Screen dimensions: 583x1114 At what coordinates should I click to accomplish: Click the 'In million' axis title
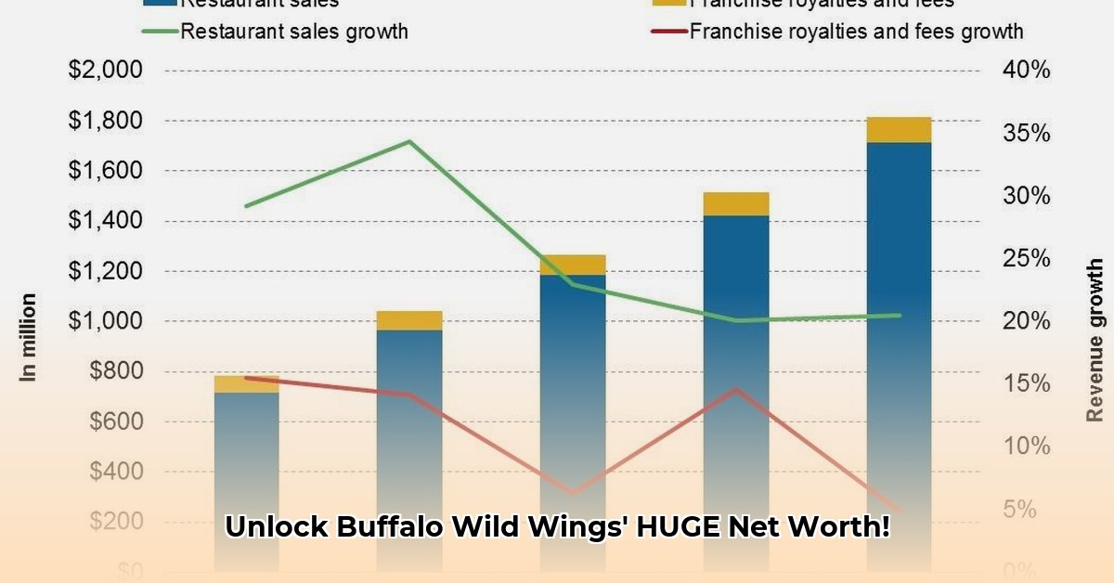click(x=29, y=337)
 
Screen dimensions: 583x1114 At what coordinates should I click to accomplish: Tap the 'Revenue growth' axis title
click(x=1096, y=340)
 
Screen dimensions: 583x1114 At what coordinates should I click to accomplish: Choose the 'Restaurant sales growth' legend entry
click(x=293, y=32)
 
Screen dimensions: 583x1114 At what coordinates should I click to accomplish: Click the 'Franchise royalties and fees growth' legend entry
click(x=856, y=32)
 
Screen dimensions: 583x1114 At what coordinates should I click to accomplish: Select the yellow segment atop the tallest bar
click(x=899, y=130)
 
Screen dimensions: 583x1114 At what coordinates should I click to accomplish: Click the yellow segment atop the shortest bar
click(x=247, y=384)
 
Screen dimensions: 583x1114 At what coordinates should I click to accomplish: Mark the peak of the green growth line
click(x=409, y=141)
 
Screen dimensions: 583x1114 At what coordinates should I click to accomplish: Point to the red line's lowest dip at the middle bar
click(x=573, y=493)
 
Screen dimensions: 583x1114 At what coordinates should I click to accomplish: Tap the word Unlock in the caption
click(x=277, y=527)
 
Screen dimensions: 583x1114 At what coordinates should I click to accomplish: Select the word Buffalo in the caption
click(x=390, y=527)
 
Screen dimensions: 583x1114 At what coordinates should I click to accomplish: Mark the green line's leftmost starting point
click(x=247, y=205)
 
